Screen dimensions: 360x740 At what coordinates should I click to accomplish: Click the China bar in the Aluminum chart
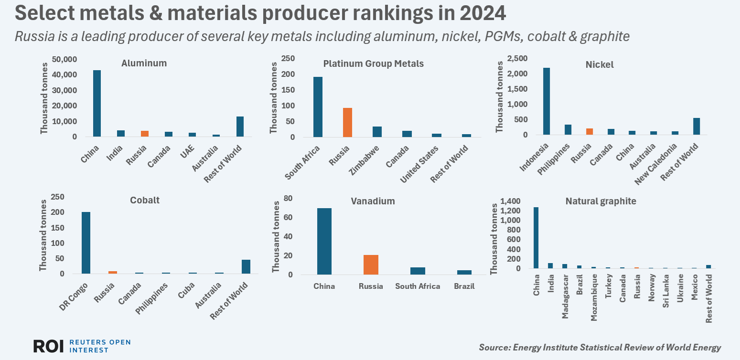tap(97, 103)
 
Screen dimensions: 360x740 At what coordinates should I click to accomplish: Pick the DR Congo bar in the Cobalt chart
tap(86, 243)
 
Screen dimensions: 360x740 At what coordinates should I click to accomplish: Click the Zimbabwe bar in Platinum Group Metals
tap(377, 132)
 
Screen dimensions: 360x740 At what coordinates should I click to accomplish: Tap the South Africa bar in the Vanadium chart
tap(418, 271)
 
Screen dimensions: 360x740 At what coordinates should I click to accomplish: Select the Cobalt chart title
tap(145, 201)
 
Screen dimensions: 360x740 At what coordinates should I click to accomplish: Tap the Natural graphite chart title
tap(601, 201)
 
